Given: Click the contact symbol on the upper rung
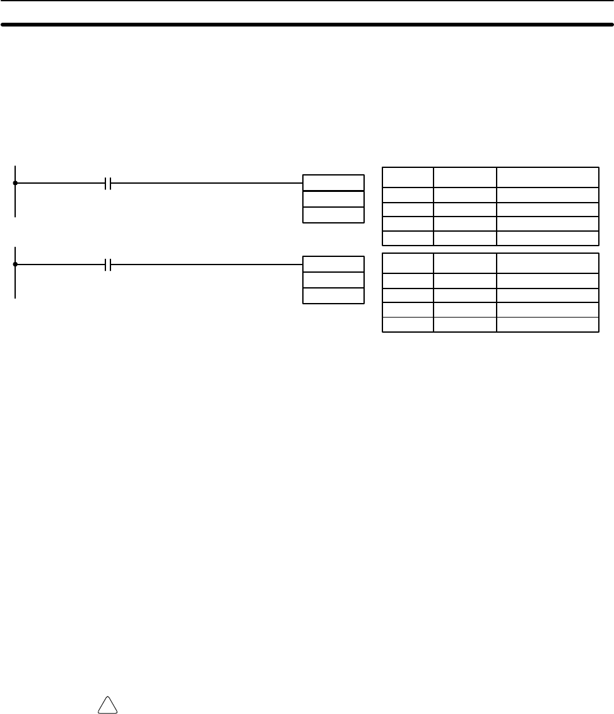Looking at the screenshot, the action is [108, 183].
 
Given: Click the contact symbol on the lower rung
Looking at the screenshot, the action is [108, 265].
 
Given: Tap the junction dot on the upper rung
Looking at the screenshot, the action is [15, 183].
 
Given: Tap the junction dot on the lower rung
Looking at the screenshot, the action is [15, 265].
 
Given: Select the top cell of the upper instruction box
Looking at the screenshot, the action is [333, 183].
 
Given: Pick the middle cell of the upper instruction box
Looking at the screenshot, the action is [333, 199].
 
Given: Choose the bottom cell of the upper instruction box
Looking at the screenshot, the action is [333, 215].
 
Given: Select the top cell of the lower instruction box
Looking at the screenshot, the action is [333, 265].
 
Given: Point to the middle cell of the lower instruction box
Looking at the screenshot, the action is [333, 280].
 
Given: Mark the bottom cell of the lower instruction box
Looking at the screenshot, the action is [333, 296].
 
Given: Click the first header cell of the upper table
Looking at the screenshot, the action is [408, 177].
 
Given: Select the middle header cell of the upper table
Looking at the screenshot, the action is [465, 177].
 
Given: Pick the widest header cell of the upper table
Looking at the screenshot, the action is [547, 177].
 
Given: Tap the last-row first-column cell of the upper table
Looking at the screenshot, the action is [408, 238].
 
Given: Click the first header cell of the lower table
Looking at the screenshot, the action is [408, 263].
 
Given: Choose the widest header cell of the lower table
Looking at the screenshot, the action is [547, 263].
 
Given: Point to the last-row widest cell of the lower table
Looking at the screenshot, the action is [547, 324].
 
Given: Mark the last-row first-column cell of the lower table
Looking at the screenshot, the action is [408, 324].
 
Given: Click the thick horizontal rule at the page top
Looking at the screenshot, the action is [307, 25].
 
